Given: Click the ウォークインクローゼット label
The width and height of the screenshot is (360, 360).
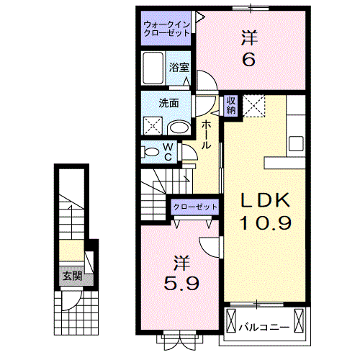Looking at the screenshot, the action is (166, 29).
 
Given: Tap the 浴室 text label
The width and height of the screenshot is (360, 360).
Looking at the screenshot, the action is (179, 68).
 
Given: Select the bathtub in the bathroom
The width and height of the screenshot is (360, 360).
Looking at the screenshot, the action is (153, 68).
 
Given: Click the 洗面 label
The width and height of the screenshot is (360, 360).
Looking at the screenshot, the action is (168, 103).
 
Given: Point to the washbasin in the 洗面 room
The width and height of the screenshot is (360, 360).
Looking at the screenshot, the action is (180, 128).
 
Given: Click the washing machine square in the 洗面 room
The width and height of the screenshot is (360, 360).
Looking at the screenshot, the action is (153, 126).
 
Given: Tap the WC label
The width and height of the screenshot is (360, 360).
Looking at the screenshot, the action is (168, 152).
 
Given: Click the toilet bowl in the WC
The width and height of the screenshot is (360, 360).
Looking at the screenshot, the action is (150, 152).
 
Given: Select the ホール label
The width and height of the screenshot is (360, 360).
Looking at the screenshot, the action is (206, 135).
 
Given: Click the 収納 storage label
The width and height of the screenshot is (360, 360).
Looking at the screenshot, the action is (230, 105).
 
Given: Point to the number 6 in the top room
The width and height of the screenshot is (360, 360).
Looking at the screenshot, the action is (249, 59).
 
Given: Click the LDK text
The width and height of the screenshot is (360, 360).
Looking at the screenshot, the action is (265, 200).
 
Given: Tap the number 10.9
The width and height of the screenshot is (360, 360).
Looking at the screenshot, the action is (266, 222).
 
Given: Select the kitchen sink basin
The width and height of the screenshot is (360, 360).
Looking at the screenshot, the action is (296, 143).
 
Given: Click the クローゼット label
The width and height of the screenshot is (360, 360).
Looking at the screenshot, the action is (195, 207).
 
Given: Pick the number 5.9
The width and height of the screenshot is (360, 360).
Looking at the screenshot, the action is (181, 283).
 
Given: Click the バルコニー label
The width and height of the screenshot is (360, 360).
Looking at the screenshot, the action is (264, 328).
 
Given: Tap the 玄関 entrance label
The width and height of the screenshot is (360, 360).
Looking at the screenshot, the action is (73, 276).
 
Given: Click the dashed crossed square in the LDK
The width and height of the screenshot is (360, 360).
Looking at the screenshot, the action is (253, 106).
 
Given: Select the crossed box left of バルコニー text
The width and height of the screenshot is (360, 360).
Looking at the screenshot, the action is (231, 320).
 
